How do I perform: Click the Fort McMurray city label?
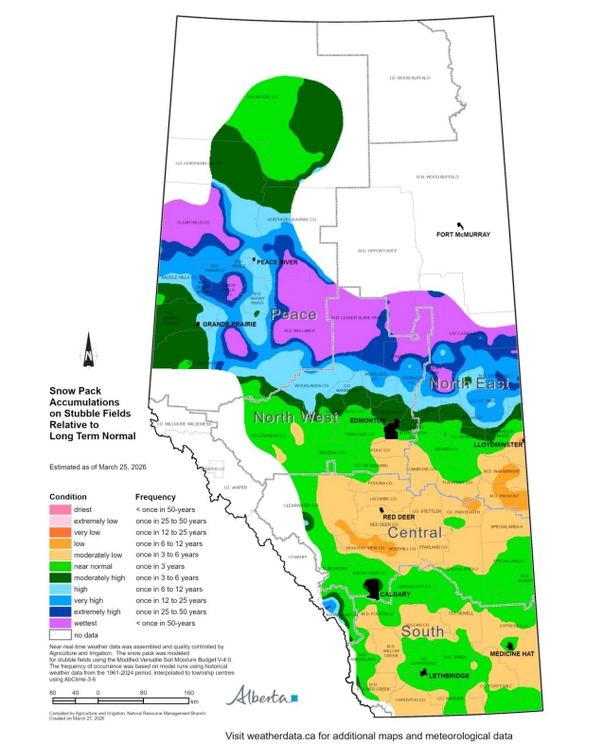click(464, 234)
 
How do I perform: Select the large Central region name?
click(439, 534)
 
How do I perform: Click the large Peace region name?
click(293, 313)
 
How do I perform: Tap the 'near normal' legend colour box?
click(68, 567)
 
